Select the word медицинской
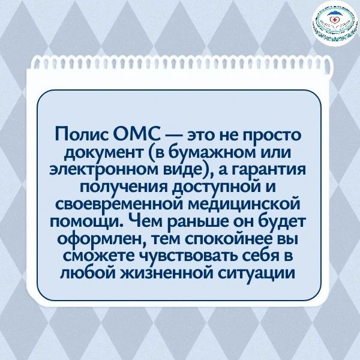click(245, 204)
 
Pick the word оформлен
click(102, 239)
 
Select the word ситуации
click(256, 274)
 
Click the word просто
click(272, 135)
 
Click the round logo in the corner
click(335, 24)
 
